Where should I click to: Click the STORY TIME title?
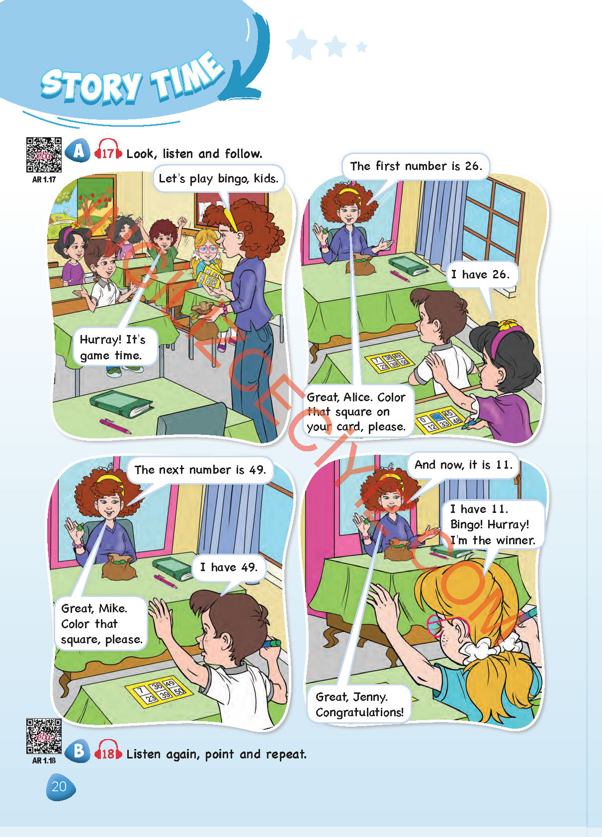[133, 79]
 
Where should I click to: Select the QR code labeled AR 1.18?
[44, 736]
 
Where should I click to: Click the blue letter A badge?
[78, 151]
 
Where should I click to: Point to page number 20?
[60, 787]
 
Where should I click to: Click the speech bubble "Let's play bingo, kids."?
[219, 178]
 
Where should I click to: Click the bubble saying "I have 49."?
[229, 567]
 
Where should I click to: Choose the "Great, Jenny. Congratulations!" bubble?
[359, 704]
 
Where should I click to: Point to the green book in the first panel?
[120, 404]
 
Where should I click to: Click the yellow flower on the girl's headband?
[508, 325]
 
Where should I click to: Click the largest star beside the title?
[302, 45]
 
